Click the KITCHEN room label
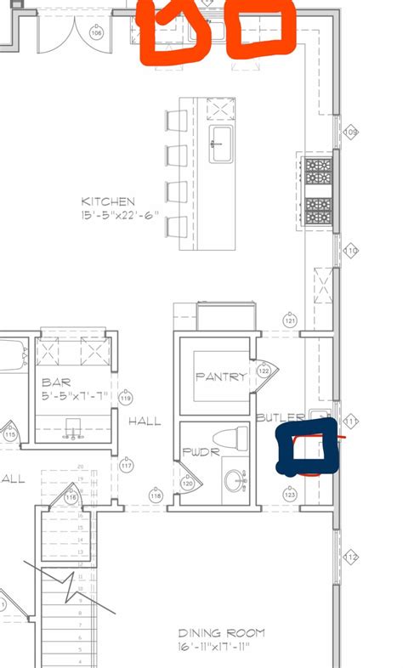pyautogui.click(x=108, y=201)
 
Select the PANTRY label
pyautogui.click(x=221, y=376)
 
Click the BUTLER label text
pyautogui.click(x=280, y=418)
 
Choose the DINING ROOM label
pyautogui.click(x=221, y=633)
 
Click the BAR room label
pyautogui.click(x=54, y=382)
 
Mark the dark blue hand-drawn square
pyautogui.click(x=307, y=452)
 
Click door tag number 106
pyautogui.click(x=95, y=33)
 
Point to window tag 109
pyautogui.click(x=350, y=133)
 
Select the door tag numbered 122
pyautogui.click(x=264, y=371)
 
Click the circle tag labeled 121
pyautogui.click(x=290, y=321)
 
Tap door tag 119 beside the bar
pyautogui.click(x=127, y=398)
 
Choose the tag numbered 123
pyautogui.click(x=290, y=494)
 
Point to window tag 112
pyautogui.click(x=351, y=557)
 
